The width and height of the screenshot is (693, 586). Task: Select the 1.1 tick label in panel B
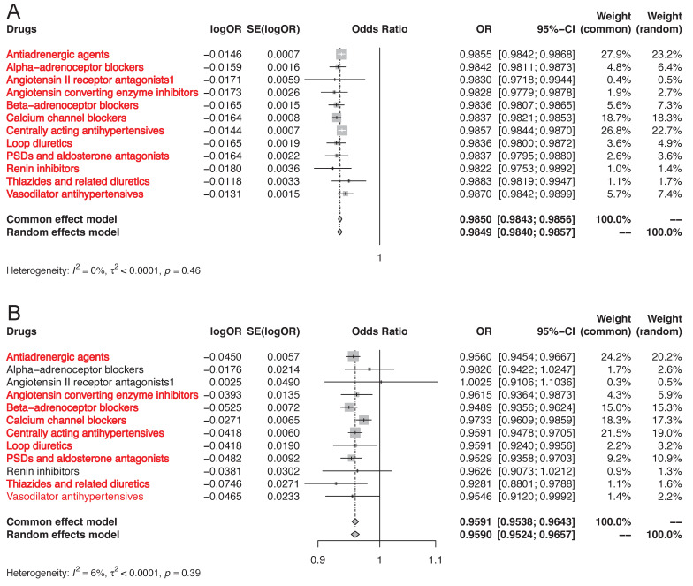[434, 560]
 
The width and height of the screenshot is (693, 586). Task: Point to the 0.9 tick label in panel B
[316, 560]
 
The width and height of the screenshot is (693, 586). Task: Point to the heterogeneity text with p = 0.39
[103, 574]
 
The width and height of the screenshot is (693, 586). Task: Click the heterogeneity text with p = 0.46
[103, 270]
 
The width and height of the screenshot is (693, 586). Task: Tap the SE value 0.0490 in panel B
[283, 382]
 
